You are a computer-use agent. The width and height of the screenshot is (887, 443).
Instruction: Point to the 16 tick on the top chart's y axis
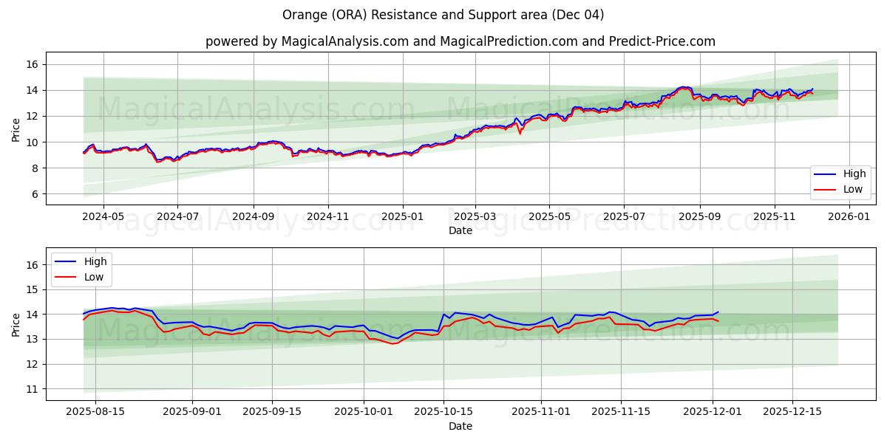point(32,64)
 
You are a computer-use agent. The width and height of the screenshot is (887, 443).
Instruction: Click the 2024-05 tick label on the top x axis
point(103,216)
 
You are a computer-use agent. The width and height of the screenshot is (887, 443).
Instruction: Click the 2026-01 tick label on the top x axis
point(849,216)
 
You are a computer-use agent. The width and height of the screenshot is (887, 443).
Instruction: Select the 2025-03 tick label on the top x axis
point(475,216)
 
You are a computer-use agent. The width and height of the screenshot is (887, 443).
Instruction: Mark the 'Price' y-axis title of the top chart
point(16,129)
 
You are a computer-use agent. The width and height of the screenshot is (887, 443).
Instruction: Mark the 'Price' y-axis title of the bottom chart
point(16,324)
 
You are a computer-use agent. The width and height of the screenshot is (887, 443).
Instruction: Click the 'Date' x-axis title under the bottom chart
point(460,426)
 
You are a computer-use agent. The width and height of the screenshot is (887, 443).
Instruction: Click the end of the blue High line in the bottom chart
point(718,312)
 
